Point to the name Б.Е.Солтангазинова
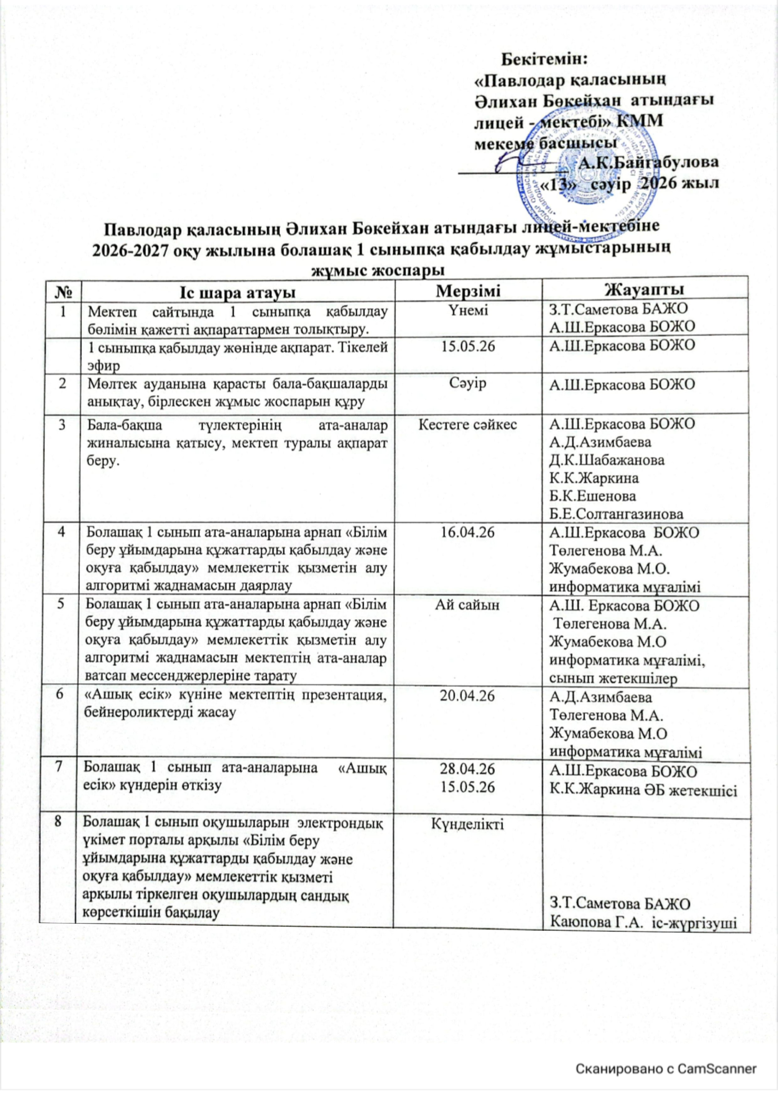(x=616, y=514)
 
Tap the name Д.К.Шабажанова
(x=607, y=460)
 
